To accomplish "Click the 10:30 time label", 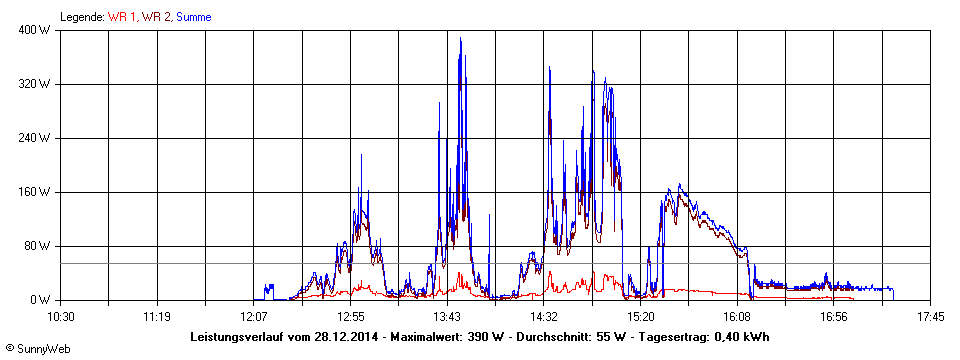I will coord(62,316).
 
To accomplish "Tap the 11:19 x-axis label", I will coord(158,316).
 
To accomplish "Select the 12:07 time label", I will coord(254,316).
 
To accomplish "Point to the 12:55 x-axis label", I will coord(351,316).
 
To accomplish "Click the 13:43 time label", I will coord(447,316).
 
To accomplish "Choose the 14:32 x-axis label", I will coord(544,316).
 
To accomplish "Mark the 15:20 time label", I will coord(640,316).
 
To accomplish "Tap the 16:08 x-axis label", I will coord(737,316).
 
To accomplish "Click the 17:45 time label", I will coord(930,316).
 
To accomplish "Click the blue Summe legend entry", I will coord(193,17).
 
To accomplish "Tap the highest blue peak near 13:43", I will coord(460,39).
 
